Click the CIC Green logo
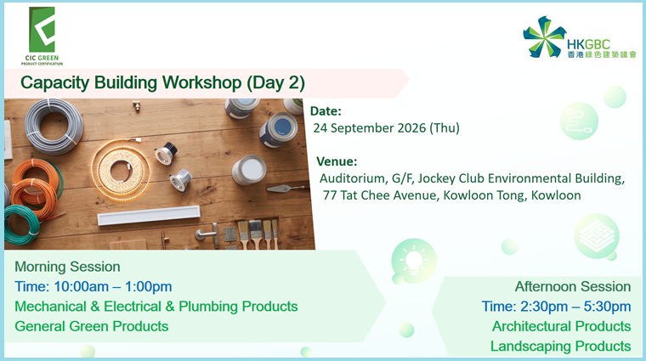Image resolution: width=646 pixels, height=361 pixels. pyautogui.click(x=42, y=36)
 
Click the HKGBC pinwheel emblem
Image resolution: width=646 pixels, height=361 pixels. pyautogui.click(x=545, y=37)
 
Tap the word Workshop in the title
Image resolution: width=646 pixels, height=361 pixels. pyautogui.click(x=202, y=82)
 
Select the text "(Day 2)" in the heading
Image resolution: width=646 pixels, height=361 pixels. pyautogui.click(x=275, y=83)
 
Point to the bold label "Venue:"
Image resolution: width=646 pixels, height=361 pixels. pyautogui.click(x=337, y=161)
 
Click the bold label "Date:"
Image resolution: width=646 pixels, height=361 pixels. pyautogui.click(x=326, y=111)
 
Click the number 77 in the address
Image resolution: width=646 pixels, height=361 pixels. pyautogui.click(x=330, y=195)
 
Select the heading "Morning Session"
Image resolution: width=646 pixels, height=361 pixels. pyautogui.click(x=67, y=267)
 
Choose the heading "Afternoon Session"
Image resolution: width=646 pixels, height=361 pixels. pyautogui.click(x=573, y=286)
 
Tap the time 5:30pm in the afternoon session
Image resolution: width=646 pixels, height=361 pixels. pyautogui.click(x=607, y=307)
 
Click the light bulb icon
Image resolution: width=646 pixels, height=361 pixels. pyautogui.click(x=414, y=261)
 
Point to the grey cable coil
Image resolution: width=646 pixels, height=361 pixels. pyautogui.click(x=53, y=126)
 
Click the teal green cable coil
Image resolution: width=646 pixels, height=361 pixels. pyautogui.click(x=22, y=224)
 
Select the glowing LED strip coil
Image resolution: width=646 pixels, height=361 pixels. pyautogui.click(x=121, y=170)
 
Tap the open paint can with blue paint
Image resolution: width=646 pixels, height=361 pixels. pyautogui.click(x=279, y=129)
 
